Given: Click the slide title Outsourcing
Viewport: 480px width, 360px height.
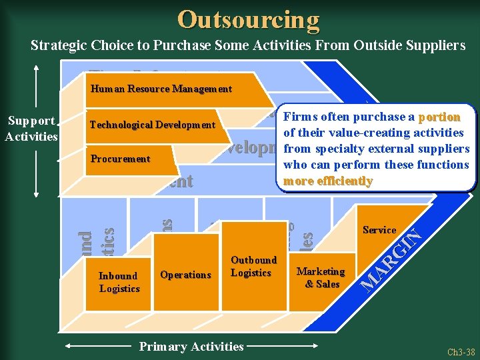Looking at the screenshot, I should point(248,19).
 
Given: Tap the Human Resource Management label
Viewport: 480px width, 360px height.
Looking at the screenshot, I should point(161,89).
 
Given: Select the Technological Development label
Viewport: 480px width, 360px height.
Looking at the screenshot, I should point(152,125).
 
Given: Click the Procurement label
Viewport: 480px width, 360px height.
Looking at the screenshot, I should point(120,159).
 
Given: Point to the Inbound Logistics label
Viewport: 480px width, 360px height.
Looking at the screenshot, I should point(119,282).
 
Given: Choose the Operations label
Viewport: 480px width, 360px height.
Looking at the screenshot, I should point(185,275).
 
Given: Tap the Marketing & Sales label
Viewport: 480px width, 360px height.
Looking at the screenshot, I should point(321,277).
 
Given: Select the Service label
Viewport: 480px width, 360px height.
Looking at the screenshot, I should point(379,230).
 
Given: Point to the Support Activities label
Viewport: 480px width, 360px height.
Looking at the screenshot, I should point(31,129).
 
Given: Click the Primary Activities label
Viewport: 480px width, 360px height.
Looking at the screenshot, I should point(191,346).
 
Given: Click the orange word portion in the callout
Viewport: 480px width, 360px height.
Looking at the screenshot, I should point(439,117).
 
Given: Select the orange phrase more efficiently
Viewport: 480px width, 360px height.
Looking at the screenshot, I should point(327,181).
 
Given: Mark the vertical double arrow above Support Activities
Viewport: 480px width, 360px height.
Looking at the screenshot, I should point(36,87).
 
